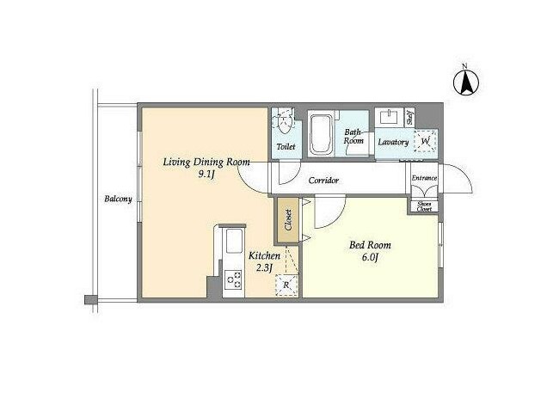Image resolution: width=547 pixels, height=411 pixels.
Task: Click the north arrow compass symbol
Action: pyautogui.click(x=466, y=83)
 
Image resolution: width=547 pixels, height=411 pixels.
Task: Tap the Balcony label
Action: pyautogui.click(x=119, y=199)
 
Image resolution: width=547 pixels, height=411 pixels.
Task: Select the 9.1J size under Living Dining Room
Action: pyautogui.click(x=206, y=175)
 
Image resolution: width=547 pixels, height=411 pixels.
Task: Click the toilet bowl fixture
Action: pyautogui.click(x=285, y=121)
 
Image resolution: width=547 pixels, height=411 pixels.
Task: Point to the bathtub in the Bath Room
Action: pyautogui.click(x=321, y=133)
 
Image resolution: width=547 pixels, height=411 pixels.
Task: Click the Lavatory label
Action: pyautogui.click(x=393, y=143)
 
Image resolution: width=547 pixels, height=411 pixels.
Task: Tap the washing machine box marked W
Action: pyautogui.click(x=425, y=141)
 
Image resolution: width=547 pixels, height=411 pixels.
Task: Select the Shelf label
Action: pyautogui.click(x=409, y=118)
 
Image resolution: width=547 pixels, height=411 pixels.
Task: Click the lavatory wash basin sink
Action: pyautogui.click(x=390, y=117)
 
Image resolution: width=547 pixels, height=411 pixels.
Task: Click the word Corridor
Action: pyautogui.click(x=323, y=181)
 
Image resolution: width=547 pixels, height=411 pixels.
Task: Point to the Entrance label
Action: pyautogui.click(x=424, y=178)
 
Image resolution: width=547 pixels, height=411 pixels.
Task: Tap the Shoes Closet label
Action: pyautogui.click(x=424, y=206)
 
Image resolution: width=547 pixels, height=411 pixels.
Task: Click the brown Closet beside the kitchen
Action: pyautogui.click(x=288, y=220)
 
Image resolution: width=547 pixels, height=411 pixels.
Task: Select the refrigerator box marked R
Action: pyautogui.click(x=286, y=285)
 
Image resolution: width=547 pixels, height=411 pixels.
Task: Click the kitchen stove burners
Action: pyautogui.click(x=234, y=279)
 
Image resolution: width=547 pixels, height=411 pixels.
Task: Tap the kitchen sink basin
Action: pyautogui.click(x=234, y=241)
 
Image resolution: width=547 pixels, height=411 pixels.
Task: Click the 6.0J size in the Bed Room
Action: pyautogui.click(x=370, y=257)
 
